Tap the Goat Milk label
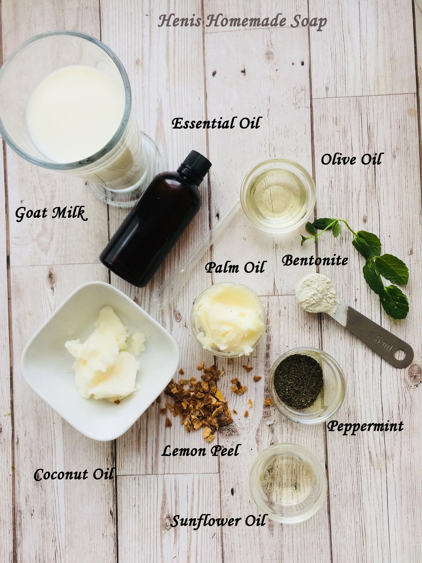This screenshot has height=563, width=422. pos(51,213)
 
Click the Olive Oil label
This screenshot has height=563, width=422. pos(351,160)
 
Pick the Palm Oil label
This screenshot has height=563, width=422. pos(235,267)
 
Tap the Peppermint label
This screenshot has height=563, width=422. pos(365,427)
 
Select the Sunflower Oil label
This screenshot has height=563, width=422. pos(218,521)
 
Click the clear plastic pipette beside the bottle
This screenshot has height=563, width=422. pos(199,257)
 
